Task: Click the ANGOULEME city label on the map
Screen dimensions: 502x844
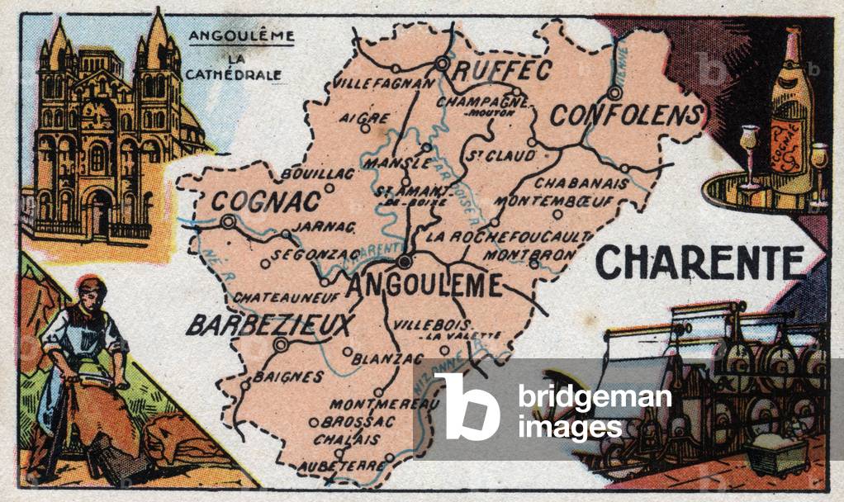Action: coord(425,285)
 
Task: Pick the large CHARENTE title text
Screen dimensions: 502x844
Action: coord(700,263)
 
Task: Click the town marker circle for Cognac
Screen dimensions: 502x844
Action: coord(228,221)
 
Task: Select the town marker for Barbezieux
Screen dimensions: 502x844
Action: coord(282,344)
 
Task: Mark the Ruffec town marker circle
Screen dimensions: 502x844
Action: coord(443,63)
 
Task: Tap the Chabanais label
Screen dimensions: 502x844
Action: coord(573,182)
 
